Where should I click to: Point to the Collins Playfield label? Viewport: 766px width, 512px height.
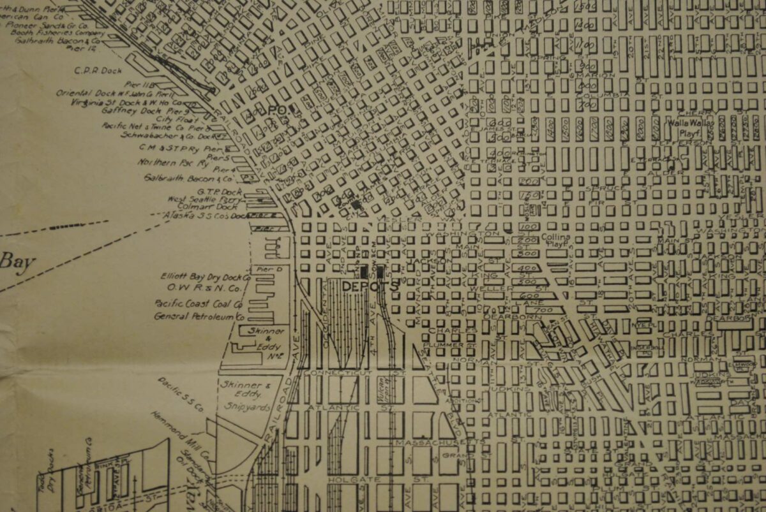[x=555, y=240]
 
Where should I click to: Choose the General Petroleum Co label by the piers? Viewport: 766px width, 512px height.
[x=199, y=316]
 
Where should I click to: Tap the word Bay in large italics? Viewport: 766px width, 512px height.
[x=17, y=261]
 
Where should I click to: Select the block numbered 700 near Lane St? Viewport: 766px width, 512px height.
[x=543, y=310]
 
